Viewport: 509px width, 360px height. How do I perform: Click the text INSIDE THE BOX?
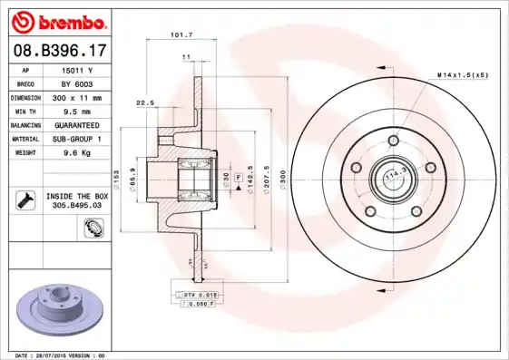click(x=76, y=196)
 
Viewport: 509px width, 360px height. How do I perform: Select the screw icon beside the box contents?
click(x=24, y=200)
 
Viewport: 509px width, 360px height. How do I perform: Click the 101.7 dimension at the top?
click(x=181, y=35)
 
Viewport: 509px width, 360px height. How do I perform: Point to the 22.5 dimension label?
click(x=144, y=102)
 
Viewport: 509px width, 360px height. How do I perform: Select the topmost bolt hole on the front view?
click(x=392, y=141)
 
